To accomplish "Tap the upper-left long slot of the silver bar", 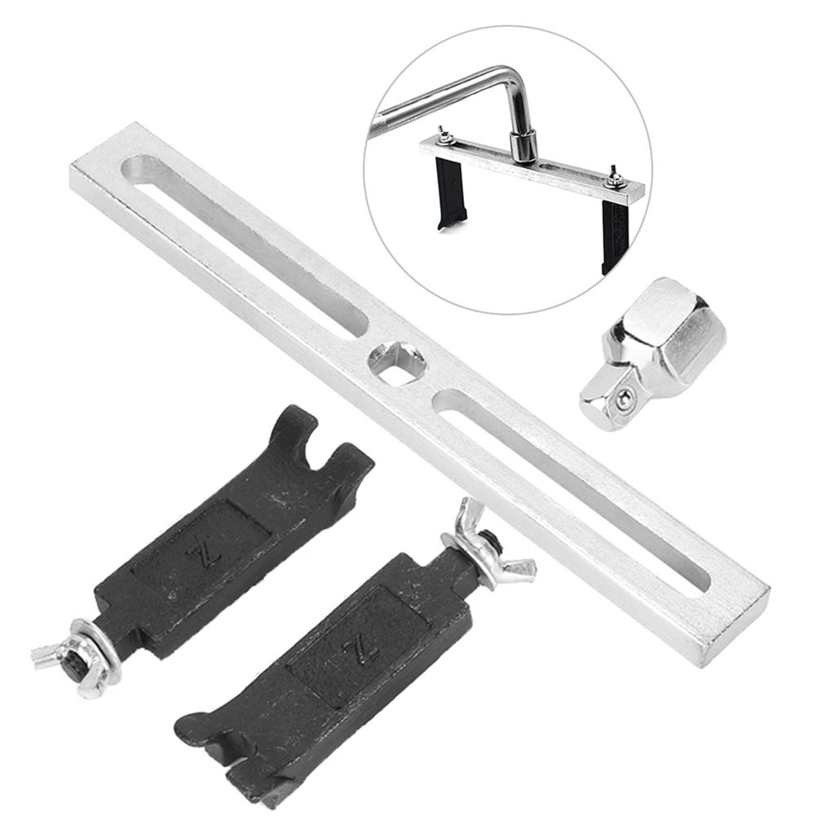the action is [x=245, y=247].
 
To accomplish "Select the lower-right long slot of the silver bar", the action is [x=572, y=490].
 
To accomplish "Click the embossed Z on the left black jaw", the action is [x=205, y=554].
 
